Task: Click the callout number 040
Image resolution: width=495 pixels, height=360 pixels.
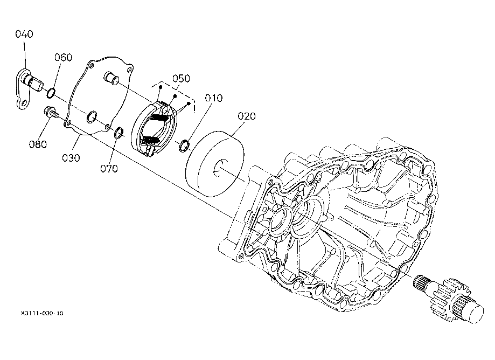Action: click(24, 34)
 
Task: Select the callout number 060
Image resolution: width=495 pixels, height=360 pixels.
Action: click(63, 57)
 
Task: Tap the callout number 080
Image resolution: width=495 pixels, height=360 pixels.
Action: click(38, 144)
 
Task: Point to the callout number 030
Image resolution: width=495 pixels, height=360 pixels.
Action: click(71, 158)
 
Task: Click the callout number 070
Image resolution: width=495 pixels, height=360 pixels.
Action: click(109, 169)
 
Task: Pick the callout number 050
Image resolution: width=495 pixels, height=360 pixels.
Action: click(181, 78)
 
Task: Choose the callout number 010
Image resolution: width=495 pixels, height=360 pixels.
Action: click(214, 98)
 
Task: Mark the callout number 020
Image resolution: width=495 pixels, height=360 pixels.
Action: click(247, 116)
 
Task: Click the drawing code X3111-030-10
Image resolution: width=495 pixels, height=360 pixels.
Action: click(42, 313)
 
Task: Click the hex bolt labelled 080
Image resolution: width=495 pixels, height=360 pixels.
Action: click(51, 113)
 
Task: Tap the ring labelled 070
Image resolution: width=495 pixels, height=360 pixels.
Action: click(118, 133)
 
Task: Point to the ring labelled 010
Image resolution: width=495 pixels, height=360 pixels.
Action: click(184, 146)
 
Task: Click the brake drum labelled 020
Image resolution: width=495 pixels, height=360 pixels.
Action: click(214, 164)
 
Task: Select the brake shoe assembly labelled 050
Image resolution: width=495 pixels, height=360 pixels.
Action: click(155, 128)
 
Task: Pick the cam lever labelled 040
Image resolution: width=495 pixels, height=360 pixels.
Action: click(29, 89)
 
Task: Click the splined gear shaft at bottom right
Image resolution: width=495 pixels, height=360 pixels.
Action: click(448, 299)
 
